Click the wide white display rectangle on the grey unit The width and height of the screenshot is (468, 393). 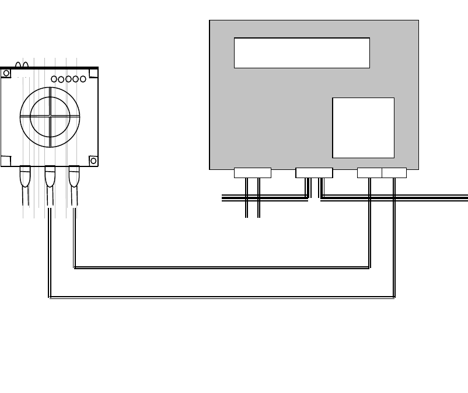[x=302, y=53]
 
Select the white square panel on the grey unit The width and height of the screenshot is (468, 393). [x=363, y=127]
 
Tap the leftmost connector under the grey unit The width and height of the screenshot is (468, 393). [x=252, y=173]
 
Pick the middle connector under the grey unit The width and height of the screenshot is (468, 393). [x=314, y=173]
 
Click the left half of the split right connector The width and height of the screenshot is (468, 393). [x=369, y=173]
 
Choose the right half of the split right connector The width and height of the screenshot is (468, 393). [x=394, y=173]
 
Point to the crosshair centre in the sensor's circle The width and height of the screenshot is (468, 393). [x=50, y=116]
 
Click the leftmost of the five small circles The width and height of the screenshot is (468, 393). [x=54, y=79]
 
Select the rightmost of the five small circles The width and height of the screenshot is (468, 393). [x=83, y=79]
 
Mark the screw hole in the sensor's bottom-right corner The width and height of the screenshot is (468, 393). [x=92, y=161]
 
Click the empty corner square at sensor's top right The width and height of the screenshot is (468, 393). [x=93, y=72]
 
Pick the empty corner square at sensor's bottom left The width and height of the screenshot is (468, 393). [x=6, y=161]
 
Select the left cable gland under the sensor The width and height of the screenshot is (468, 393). [x=25, y=173]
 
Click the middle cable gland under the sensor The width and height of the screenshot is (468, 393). [x=50, y=173]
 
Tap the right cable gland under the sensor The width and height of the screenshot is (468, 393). [x=74, y=173]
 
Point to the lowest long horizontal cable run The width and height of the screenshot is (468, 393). [x=222, y=298]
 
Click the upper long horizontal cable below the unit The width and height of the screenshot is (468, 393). [x=222, y=268]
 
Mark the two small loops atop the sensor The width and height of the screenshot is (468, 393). [x=22, y=64]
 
